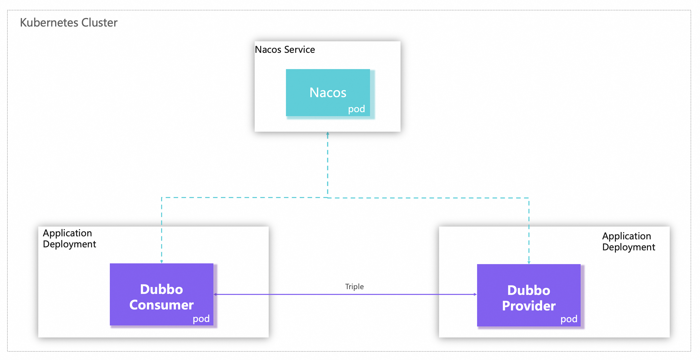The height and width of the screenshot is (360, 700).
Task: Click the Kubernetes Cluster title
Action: tap(69, 23)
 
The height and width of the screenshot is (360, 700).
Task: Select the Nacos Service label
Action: tap(284, 50)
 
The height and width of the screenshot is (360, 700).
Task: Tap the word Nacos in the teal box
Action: tap(328, 92)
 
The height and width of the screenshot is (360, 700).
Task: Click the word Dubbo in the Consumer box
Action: tap(161, 289)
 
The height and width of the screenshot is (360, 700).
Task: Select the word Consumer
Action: tap(161, 305)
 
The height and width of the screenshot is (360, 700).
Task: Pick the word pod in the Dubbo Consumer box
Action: tap(201, 319)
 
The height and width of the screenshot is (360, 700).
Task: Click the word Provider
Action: tap(529, 306)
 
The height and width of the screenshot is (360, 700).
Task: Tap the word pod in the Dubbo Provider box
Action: tap(568, 319)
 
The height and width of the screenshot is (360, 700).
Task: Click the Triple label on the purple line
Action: tap(354, 286)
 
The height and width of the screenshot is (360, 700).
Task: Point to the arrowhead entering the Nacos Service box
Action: tap(327, 133)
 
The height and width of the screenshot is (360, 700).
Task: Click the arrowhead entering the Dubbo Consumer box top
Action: tap(161, 262)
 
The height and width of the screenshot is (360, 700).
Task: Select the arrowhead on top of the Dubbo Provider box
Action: tap(529, 262)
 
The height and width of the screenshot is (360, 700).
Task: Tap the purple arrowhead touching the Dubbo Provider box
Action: tap(475, 294)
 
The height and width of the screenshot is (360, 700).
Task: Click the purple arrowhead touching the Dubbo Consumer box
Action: tap(215, 294)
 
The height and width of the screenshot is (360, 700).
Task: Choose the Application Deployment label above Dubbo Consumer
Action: tap(69, 239)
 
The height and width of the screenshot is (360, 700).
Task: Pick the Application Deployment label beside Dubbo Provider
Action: tap(628, 241)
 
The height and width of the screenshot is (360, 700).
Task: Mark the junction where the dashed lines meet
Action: tap(327, 198)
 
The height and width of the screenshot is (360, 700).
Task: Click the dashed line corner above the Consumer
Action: tap(161, 198)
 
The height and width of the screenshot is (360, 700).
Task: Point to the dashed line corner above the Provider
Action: tap(529, 198)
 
